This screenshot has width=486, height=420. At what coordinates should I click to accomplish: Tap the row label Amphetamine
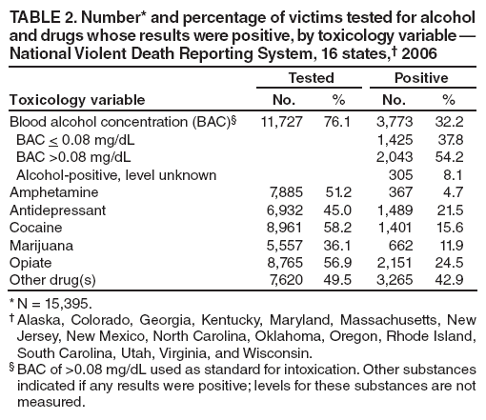pyautogui.click(x=47, y=191)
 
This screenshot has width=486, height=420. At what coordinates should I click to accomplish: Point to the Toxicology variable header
pyautogui.click(x=76, y=99)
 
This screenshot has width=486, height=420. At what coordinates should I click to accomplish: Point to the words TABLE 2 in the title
pyautogui.click(x=40, y=13)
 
